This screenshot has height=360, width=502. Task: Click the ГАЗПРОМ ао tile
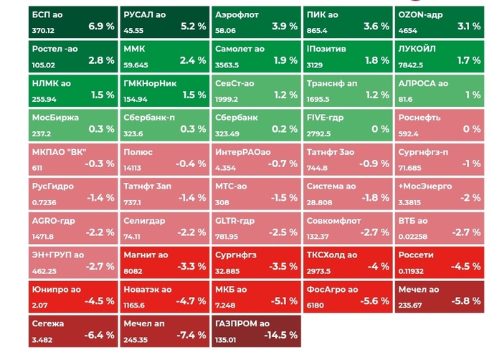pyautogui.click(x=256, y=330)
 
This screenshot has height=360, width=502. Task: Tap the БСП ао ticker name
pyautogui.click(x=48, y=14)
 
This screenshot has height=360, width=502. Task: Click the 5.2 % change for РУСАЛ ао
pyautogui.click(x=193, y=26)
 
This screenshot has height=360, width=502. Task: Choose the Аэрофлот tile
pyautogui.click(x=256, y=22)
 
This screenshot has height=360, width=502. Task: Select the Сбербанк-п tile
pyautogui.click(x=164, y=123)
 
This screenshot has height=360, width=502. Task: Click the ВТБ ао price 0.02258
pyautogui.click(x=414, y=237)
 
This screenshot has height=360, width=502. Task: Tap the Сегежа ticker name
pyautogui.click(x=48, y=323)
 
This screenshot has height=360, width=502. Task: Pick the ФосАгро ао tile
pyautogui.click(x=348, y=295)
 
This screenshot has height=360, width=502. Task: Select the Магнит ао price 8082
pyautogui.click(x=133, y=271)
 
